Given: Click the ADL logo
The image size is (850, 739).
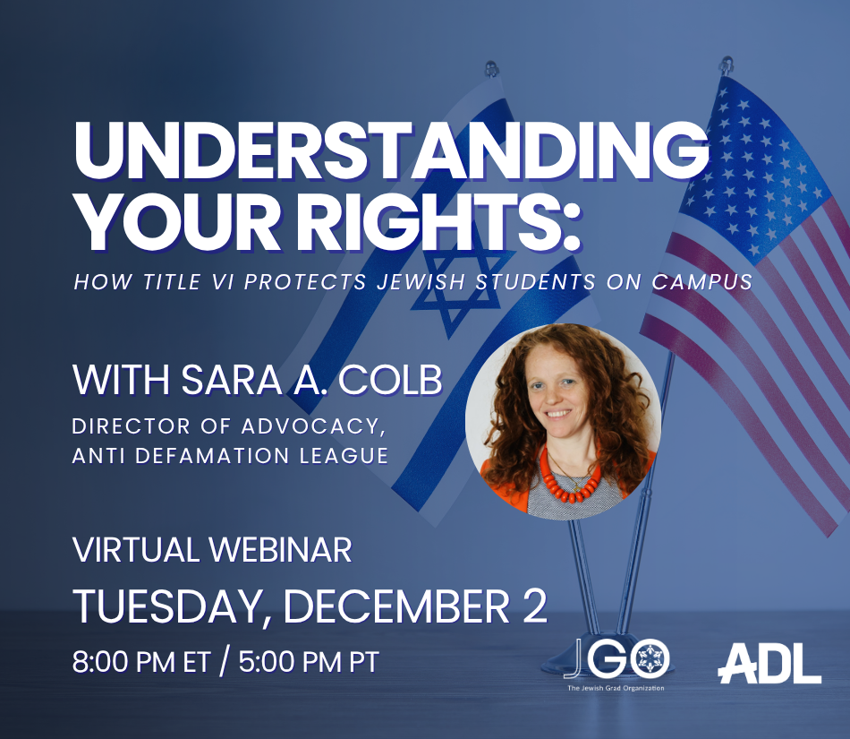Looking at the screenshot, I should [x=769, y=663].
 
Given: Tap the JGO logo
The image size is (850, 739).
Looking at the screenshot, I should [x=617, y=658].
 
